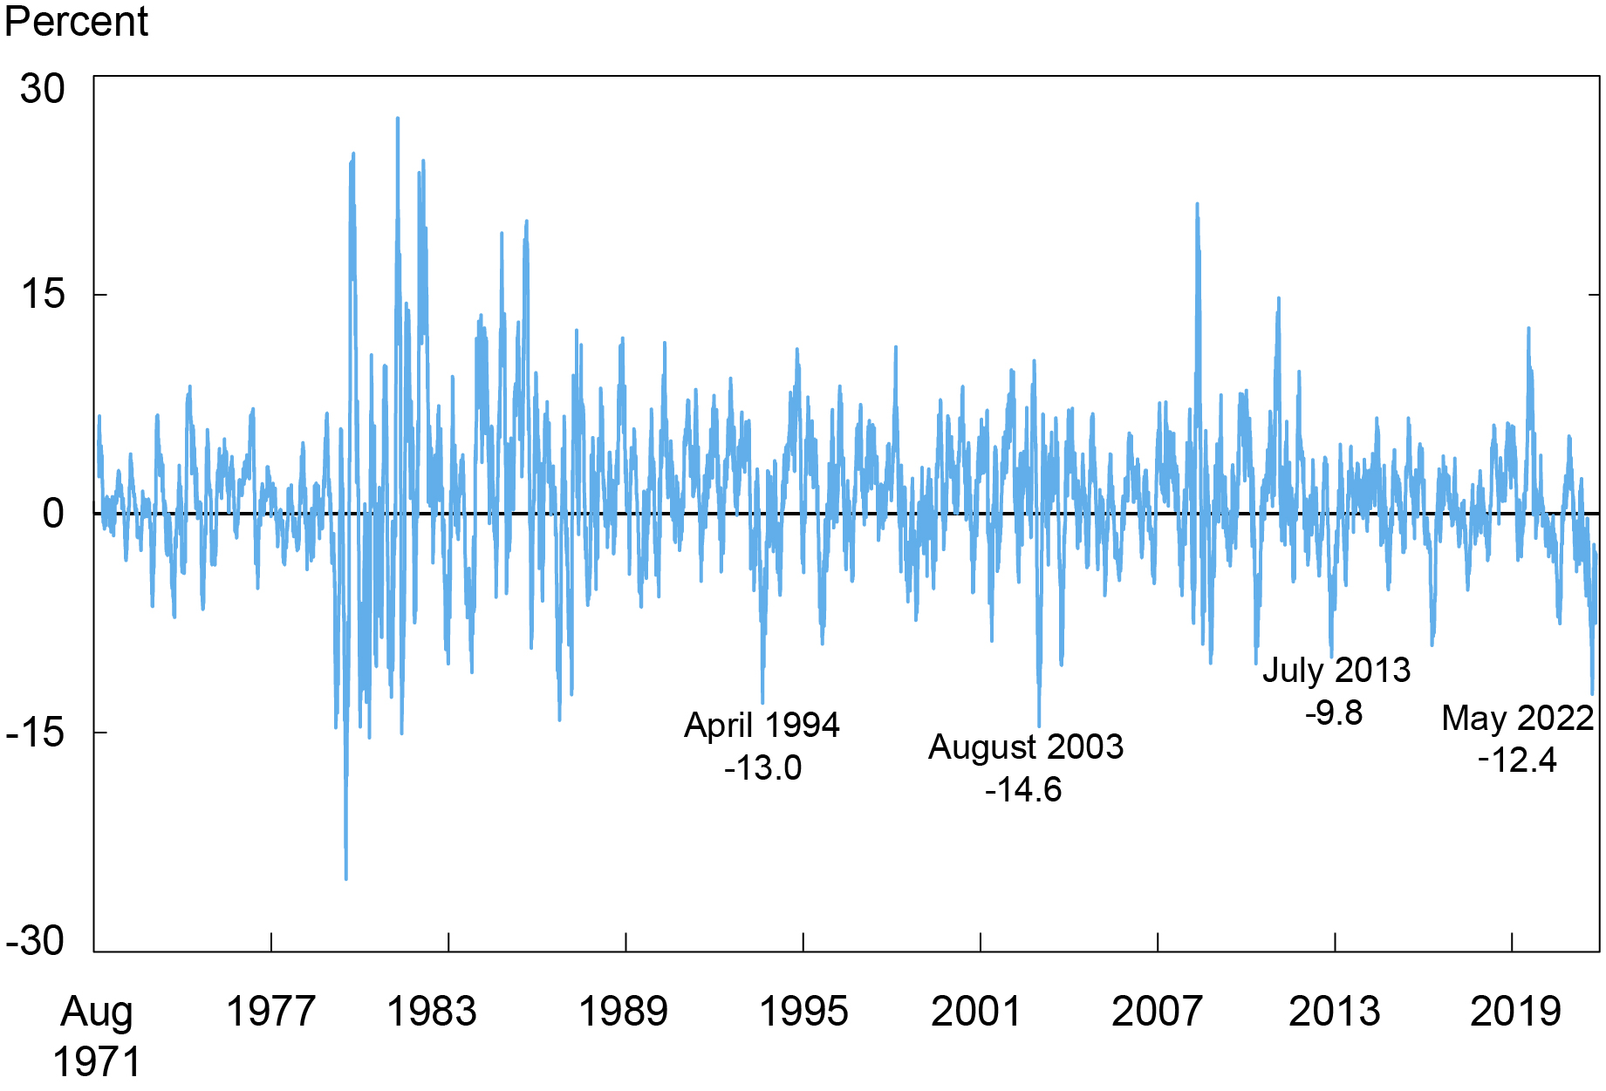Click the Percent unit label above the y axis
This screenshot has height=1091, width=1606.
[76, 21]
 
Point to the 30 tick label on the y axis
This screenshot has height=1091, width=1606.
[43, 89]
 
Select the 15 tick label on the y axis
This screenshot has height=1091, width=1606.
[43, 294]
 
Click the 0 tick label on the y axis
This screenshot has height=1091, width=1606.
[53, 514]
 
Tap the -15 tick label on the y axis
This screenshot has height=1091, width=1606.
[36, 733]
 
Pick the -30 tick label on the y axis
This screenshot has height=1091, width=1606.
[36, 942]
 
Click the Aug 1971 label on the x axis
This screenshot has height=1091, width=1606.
[97, 1036]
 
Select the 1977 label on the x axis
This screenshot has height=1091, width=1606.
[270, 1012]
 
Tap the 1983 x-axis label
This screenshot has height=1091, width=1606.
[432, 1012]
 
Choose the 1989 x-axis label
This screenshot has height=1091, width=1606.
[623, 1012]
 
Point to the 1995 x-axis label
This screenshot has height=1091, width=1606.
[803, 1012]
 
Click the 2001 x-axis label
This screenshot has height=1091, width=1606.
[976, 1012]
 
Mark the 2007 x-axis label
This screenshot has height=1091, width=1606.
[1157, 1012]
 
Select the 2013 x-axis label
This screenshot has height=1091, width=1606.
[1335, 1012]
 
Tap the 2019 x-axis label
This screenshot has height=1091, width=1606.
[1515, 1012]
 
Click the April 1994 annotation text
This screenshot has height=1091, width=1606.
[762, 726]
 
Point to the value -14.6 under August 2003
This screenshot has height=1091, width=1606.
[1023, 790]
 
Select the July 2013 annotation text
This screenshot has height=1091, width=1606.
[1336, 671]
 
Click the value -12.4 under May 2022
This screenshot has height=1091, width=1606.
[1517, 760]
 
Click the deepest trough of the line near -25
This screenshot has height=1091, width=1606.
[345, 877]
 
